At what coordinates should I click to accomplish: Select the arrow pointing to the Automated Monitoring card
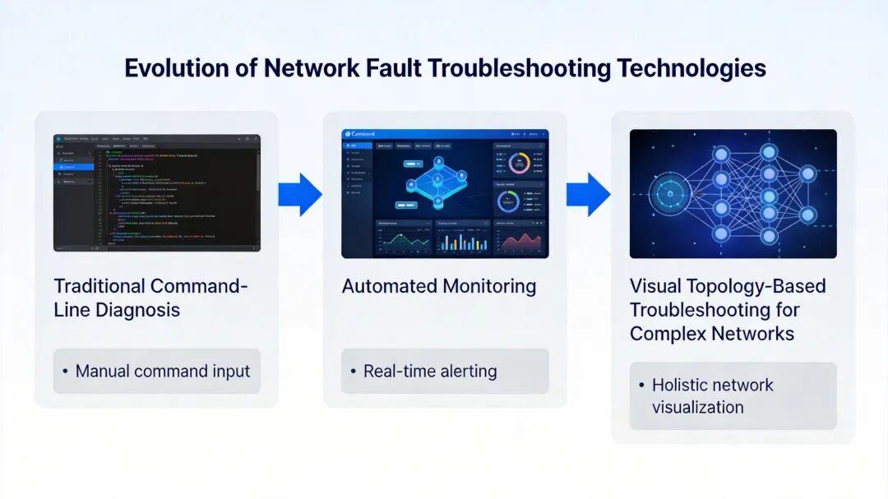point(300,195)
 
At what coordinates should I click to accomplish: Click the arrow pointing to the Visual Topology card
point(588,195)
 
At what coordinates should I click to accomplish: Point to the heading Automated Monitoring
point(439,286)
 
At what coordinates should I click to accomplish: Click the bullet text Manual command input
point(163,371)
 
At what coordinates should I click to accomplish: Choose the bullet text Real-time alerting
point(430,371)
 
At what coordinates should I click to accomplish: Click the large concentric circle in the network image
point(670,195)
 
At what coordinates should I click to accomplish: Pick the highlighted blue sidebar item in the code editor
point(74,167)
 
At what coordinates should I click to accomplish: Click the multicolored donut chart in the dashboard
point(519,163)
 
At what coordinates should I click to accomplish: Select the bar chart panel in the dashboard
point(460,239)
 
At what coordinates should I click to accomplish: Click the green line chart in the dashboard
point(401,239)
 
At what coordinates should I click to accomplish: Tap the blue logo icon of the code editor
point(58,139)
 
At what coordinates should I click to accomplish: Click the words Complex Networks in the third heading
point(712,334)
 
